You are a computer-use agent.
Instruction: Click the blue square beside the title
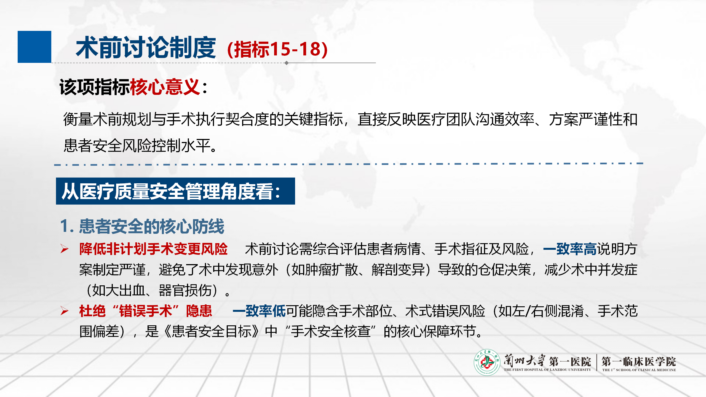[x=34, y=47]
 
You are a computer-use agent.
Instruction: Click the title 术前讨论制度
[x=146, y=48]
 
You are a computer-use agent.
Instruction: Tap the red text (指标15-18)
[x=277, y=49]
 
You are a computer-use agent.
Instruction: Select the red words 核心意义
[x=165, y=87]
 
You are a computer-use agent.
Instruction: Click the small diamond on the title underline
[x=287, y=63]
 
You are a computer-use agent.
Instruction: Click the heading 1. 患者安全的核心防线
[x=142, y=226]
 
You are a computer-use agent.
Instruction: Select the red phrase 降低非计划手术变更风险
[x=153, y=249]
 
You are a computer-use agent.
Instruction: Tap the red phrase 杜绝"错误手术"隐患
[x=146, y=311]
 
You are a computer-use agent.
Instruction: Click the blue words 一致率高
[x=570, y=249]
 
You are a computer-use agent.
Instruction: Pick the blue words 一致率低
[x=259, y=311]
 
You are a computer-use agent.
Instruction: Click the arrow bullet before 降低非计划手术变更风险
[x=65, y=249]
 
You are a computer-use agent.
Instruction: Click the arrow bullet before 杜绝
[x=65, y=311]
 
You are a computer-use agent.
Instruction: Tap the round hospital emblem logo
[x=487, y=362]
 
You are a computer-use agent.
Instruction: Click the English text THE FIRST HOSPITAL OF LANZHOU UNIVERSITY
[x=547, y=370]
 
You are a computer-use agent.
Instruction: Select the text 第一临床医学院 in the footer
[x=639, y=361]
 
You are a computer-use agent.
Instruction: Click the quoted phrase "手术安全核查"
[x=331, y=331]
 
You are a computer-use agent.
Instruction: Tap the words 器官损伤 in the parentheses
[x=185, y=290]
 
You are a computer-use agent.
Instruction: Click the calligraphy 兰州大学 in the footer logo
[x=524, y=360]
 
